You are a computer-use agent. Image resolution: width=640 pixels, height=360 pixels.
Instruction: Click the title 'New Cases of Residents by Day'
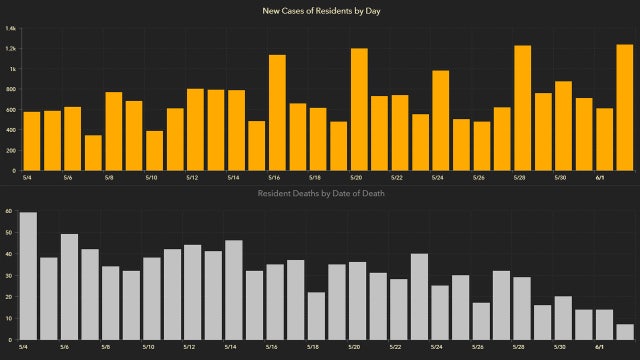[320, 10]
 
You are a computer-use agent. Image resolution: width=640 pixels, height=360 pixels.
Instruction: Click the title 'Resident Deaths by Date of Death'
[320, 192]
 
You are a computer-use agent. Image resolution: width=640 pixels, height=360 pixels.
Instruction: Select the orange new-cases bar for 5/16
[277, 112]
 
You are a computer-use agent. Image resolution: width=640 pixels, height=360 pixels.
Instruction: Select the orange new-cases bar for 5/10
[154, 150]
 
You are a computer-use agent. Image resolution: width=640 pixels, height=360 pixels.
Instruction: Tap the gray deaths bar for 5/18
[316, 315]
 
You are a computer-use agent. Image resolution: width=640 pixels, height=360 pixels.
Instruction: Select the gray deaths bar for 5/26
[481, 320]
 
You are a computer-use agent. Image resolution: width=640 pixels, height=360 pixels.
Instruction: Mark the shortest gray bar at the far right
[624, 331]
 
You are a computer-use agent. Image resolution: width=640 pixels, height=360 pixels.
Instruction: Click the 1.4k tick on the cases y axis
[10, 28]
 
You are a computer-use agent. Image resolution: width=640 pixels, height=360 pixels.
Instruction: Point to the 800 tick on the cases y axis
[11, 89]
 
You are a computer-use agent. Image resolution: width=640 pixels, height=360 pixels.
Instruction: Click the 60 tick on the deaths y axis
[8, 211]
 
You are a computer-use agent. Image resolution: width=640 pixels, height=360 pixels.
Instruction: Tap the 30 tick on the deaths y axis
[8, 275]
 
